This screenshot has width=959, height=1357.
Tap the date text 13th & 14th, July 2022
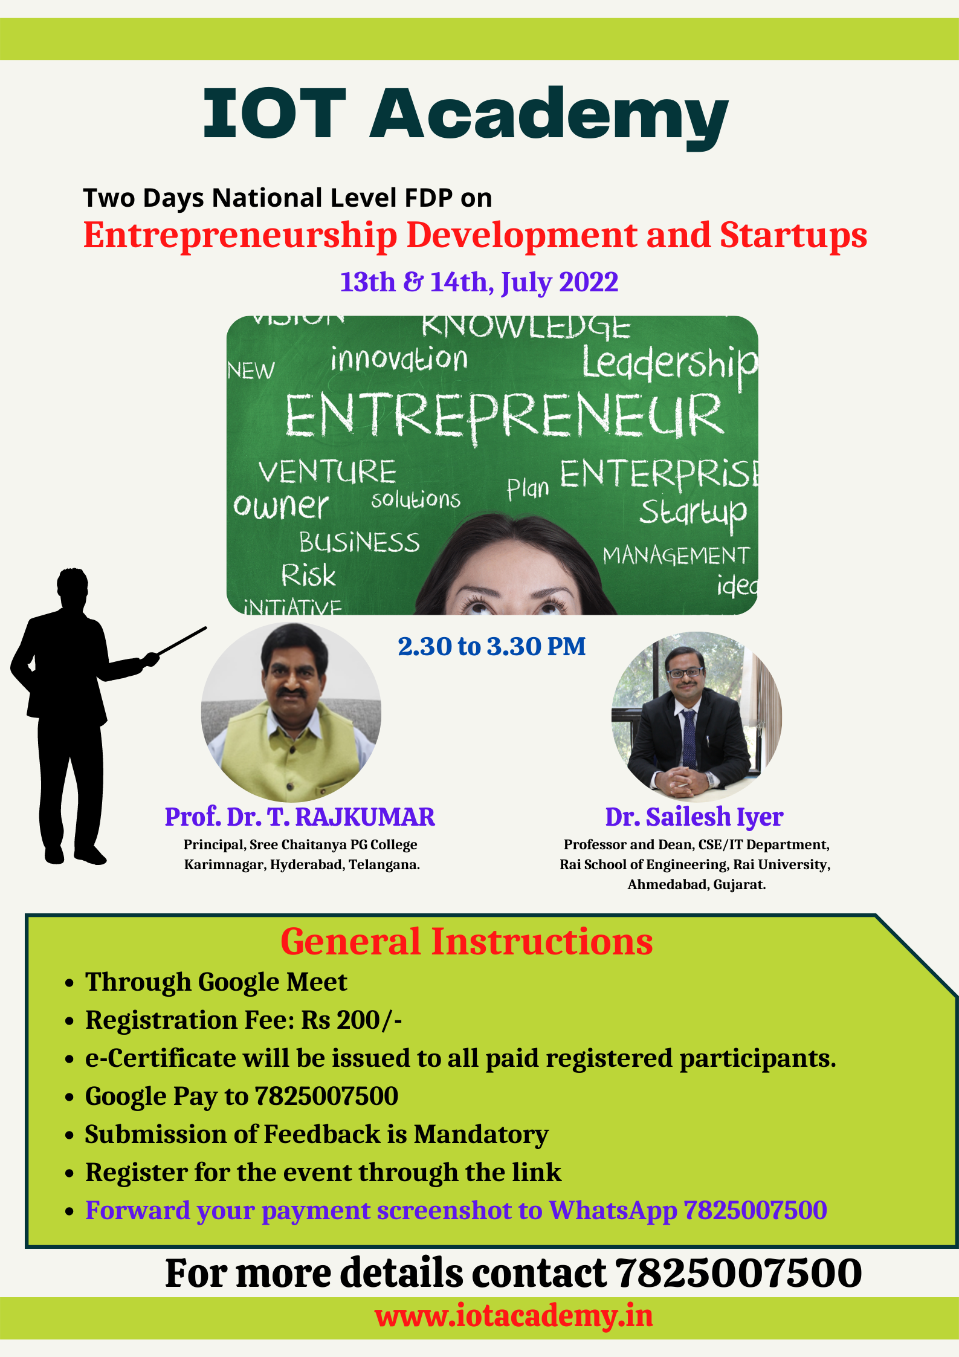click(x=479, y=282)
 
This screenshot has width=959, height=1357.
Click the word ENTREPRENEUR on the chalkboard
click(x=504, y=415)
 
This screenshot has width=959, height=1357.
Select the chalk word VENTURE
click(x=327, y=471)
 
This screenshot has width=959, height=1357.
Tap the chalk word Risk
click(x=308, y=575)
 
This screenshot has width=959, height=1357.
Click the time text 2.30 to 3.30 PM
click(x=492, y=646)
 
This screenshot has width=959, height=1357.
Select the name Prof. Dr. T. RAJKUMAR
click(x=300, y=817)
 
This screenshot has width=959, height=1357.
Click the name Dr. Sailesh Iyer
click(x=694, y=817)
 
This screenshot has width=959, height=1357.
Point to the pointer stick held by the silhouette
click(x=181, y=641)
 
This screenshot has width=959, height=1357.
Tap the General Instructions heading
click(x=467, y=942)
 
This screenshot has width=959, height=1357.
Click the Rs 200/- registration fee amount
click(x=352, y=1020)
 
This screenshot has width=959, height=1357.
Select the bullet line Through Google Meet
click(x=216, y=982)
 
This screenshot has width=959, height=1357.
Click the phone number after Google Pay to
click(x=326, y=1096)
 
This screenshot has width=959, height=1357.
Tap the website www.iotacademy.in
click(x=514, y=1316)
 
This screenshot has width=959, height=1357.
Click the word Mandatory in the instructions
click(x=481, y=1135)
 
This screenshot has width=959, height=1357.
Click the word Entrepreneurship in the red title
click(x=241, y=236)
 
